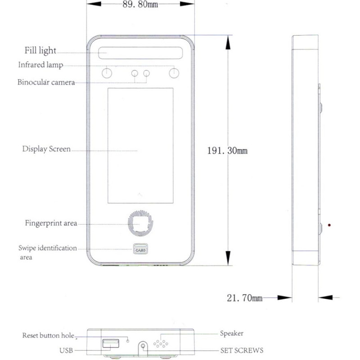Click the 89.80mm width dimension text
(x=140, y=4)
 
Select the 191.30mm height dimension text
(x=227, y=151)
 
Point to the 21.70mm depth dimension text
(x=244, y=298)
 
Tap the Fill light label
(x=40, y=50)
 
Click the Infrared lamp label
(x=40, y=65)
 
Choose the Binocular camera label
(x=46, y=82)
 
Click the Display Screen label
(x=46, y=149)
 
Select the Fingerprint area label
(x=51, y=223)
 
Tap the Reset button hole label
(x=48, y=335)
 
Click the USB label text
(x=66, y=351)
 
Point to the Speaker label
(x=232, y=333)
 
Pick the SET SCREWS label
(x=242, y=351)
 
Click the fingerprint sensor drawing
(x=140, y=223)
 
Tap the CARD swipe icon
(x=140, y=249)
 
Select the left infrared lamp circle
(x=107, y=73)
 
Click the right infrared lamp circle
(x=174, y=73)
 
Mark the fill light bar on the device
(x=140, y=53)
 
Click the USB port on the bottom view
(x=111, y=343)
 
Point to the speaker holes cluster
(x=161, y=344)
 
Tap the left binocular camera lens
(x=135, y=73)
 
